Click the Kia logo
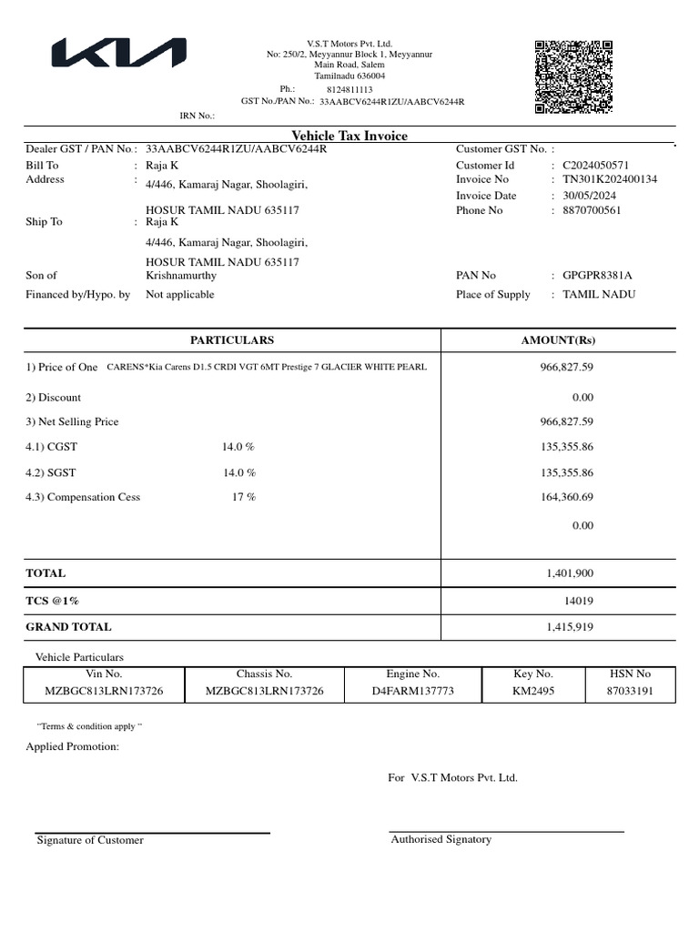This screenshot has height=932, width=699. pyautogui.click(x=118, y=54)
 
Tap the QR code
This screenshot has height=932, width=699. pyautogui.click(x=573, y=77)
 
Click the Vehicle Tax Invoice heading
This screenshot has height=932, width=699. pyautogui.click(x=349, y=136)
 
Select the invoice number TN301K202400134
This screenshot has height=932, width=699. pyautogui.click(x=610, y=179)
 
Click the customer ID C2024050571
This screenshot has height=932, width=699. pyautogui.click(x=595, y=165)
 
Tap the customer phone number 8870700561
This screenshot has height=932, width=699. pyautogui.click(x=592, y=210)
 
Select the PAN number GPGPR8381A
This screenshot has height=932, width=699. pyautogui.click(x=597, y=275)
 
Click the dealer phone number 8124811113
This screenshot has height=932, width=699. pyautogui.click(x=349, y=90)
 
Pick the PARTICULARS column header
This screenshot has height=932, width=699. pyautogui.click(x=231, y=340)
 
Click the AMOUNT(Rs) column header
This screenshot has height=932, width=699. pyautogui.click(x=558, y=340)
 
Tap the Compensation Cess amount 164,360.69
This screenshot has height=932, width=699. pyautogui.click(x=567, y=497)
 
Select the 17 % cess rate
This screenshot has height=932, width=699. pyautogui.click(x=243, y=497)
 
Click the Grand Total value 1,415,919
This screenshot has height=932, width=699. pyautogui.click(x=570, y=627)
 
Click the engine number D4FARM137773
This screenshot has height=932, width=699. pyautogui.click(x=412, y=692)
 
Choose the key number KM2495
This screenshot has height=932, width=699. pyautogui.click(x=532, y=692)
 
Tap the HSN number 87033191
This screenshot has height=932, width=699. pyautogui.click(x=629, y=692)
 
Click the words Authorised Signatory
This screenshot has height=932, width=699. pyautogui.click(x=441, y=839)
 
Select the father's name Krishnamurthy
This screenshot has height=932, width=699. pyautogui.click(x=182, y=275)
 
